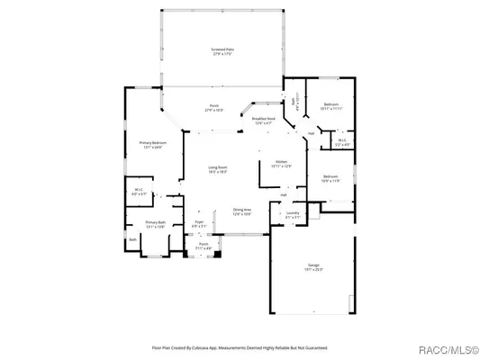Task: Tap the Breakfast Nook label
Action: (264, 121)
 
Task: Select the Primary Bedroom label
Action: (151, 145)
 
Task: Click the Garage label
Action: (313, 266)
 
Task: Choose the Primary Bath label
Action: (156, 224)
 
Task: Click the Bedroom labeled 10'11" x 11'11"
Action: (331, 107)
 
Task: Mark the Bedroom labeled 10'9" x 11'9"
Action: (331, 178)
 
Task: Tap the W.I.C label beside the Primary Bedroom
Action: (138, 191)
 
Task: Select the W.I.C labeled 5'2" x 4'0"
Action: (342, 141)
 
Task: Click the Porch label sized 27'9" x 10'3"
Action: (214, 108)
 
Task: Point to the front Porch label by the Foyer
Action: (204, 246)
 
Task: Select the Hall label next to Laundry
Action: (283, 194)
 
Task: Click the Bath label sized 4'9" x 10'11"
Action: (295, 104)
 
